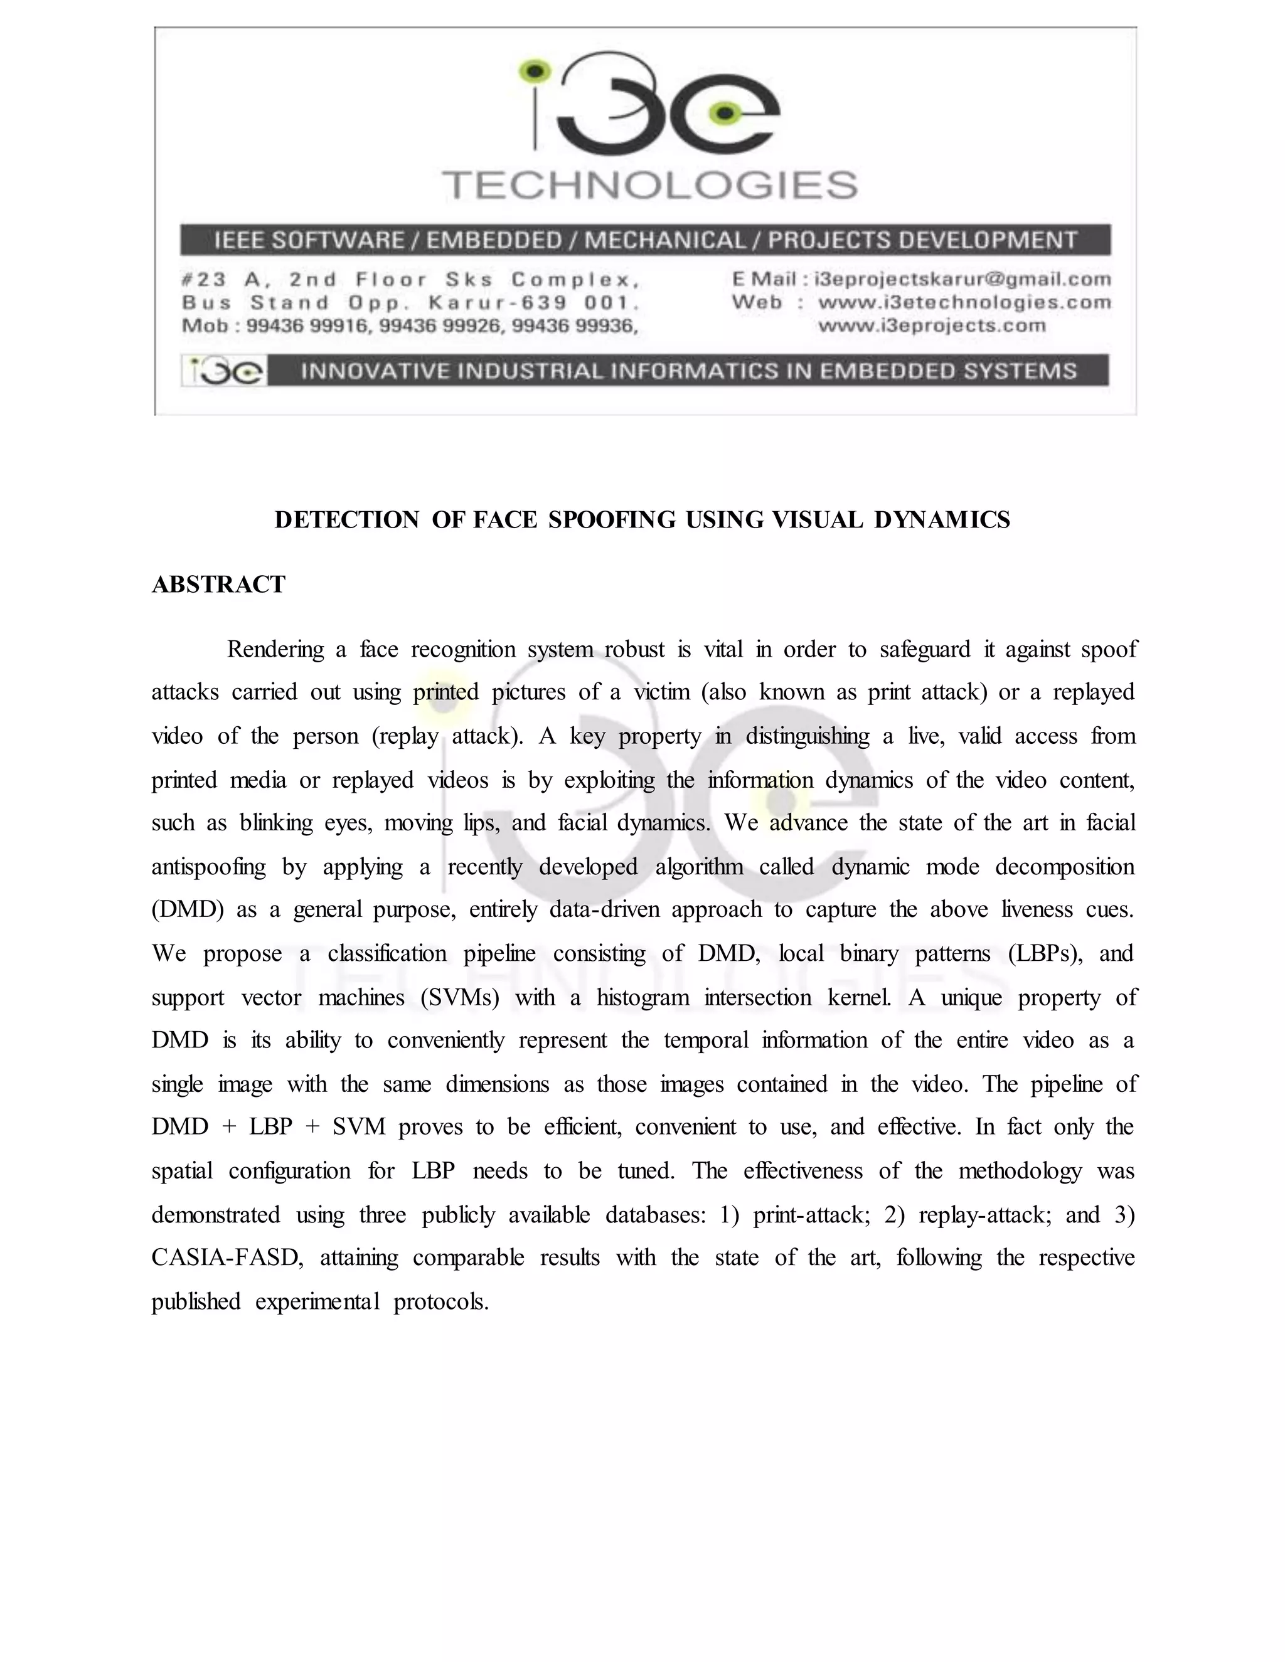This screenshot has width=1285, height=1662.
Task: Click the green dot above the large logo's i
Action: (536, 71)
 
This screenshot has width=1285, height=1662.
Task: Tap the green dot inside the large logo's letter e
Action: (724, 114)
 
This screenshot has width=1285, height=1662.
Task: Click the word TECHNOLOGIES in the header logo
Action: (650, 186)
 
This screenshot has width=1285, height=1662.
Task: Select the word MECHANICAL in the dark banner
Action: (664, 240)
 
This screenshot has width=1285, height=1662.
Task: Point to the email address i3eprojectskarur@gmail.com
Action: (962, 279)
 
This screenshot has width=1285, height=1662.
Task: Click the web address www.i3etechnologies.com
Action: (964, 302)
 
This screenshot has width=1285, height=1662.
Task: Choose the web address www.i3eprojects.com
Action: (932, 326)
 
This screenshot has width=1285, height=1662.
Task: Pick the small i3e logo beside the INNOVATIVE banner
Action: (225, 371)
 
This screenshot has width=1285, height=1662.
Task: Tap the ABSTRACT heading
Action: (218, 585)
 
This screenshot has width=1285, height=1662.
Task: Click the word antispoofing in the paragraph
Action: (208, 867)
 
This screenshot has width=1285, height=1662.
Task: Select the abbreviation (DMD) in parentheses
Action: (187, 909)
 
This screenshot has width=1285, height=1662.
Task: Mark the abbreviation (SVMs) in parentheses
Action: (459, 997)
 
